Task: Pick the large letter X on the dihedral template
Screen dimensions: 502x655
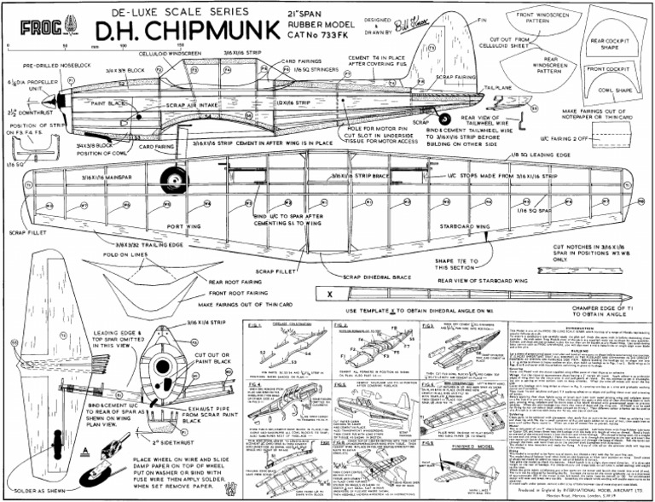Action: [329, 293]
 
